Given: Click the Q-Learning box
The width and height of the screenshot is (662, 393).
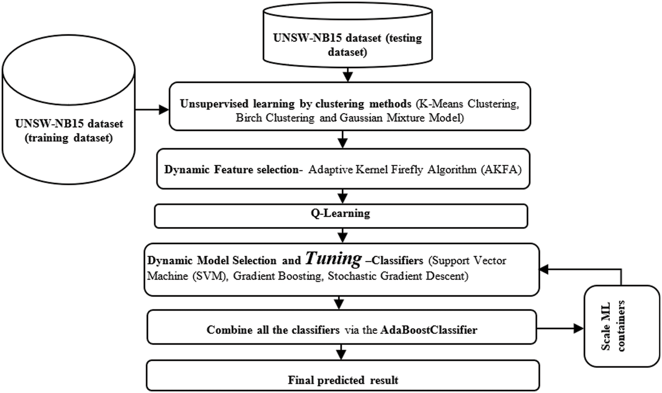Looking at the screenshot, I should [x=340, y=216].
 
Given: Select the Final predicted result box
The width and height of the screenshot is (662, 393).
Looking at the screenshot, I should [x=343, y=379].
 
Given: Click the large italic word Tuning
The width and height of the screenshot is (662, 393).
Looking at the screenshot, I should [x=333, y=258].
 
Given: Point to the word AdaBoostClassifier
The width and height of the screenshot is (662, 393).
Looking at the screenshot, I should [x=429, y=330].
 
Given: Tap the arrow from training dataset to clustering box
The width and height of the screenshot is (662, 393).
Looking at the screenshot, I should [x=152, y=110].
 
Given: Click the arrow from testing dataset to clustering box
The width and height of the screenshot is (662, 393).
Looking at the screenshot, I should [x=347, y=75].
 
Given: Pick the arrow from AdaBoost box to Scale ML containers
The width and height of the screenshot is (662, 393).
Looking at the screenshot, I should [x=560, y=328].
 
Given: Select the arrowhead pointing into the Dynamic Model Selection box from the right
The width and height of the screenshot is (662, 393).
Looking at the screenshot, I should [x=544, y=269].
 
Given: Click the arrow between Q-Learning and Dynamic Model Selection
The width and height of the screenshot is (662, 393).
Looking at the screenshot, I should [x=342, y=235].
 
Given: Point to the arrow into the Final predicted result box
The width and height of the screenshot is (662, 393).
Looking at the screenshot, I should [x=341, y=353].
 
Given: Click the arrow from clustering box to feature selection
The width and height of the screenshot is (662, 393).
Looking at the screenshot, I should [x=342, y=140].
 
